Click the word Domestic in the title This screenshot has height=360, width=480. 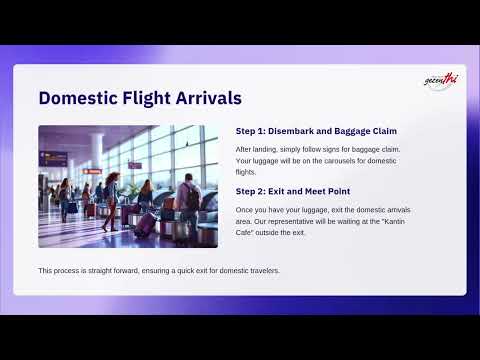83,98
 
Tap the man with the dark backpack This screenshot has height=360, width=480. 188,200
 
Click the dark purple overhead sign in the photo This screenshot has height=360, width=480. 54,158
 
